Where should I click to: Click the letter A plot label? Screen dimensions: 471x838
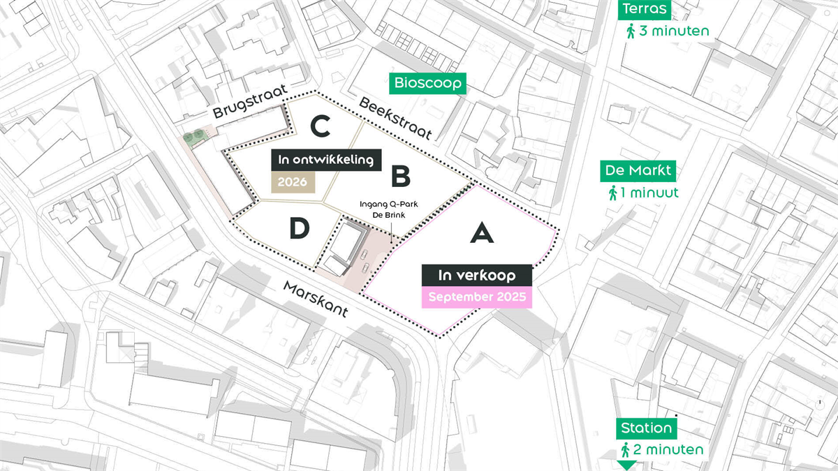click(x=482, y=232)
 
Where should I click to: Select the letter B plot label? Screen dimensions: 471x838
click(x=400, y=177)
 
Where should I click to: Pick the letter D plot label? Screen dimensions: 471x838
click(x=300, y=228)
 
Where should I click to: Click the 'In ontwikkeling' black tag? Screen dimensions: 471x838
click(x=326, y=160)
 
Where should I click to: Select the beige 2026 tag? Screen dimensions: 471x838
click(x=293, y=181)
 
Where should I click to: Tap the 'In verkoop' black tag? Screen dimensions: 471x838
click(x=477, y=275)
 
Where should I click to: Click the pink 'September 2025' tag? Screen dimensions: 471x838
click(x=477, y=297)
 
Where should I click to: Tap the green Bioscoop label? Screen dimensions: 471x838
click(x=428, y=84)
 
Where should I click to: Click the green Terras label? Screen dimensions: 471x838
click(x=645, y=10)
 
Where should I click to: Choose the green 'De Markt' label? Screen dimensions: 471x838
click(x=638, y=171)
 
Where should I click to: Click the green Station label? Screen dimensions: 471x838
click(x=646, y=428)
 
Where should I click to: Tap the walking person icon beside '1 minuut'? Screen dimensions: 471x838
click(x=612, y=193)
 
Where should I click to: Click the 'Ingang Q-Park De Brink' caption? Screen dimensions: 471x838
click(x=383, y=209)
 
